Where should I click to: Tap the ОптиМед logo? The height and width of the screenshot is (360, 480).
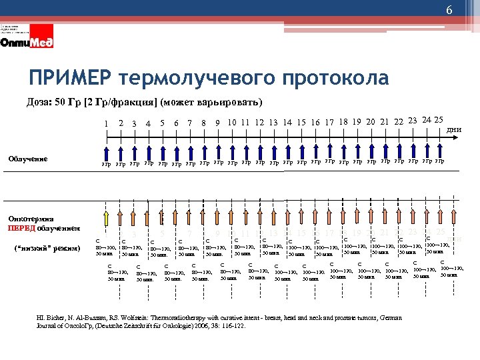point(27,42)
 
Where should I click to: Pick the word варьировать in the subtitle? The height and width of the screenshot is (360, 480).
point(227,102)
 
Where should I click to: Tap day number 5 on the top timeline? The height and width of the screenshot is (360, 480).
point(162,123)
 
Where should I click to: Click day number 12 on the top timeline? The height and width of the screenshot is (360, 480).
point(259,122)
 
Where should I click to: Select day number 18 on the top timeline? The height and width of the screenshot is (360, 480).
point(343,121)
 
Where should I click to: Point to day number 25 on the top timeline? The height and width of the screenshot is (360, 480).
point(439,119)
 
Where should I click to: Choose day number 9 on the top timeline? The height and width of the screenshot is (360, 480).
point(217,123)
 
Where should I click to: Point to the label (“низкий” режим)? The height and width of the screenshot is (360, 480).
point(47,248)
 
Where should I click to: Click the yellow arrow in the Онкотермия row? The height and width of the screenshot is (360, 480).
point(106,218)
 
